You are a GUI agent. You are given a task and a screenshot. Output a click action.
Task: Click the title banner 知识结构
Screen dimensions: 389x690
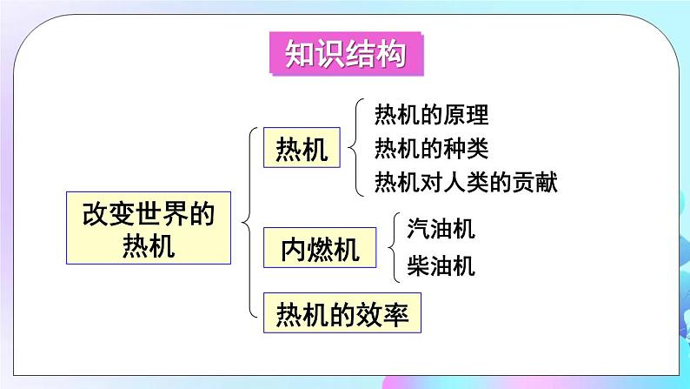point(345,55)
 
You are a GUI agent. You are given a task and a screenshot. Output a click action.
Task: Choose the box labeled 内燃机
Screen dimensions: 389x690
point(321,250)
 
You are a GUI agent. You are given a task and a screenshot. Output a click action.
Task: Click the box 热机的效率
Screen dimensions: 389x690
point(342,312)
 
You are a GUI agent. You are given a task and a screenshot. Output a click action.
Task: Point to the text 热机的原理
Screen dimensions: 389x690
point(431,114)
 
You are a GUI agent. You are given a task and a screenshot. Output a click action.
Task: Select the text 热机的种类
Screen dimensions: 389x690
point(431,148)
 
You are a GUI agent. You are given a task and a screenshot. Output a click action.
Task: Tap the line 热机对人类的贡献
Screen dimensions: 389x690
point(465,182)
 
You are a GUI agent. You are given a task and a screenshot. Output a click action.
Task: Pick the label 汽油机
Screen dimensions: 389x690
point(441,230)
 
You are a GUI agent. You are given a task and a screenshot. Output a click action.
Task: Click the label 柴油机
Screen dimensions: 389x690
point(441,265)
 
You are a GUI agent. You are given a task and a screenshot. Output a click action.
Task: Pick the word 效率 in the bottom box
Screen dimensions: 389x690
point(387,312)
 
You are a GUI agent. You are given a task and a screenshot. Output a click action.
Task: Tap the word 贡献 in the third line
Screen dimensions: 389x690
point(534,182)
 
